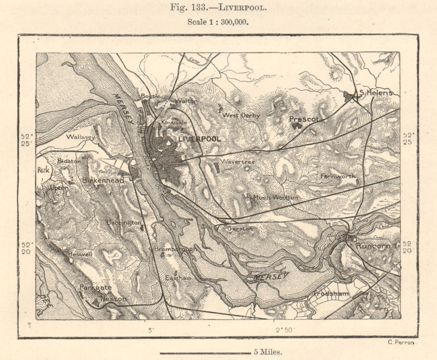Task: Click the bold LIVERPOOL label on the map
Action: click(x=199, y=138)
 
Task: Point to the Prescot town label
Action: click(x=305, y=118)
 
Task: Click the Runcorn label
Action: click(x=372, y=246)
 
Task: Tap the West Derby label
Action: click(x=241, y=115)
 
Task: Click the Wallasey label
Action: click(x=80, y=137)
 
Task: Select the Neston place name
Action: click(x=113, y=299)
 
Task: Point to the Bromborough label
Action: click(x=174, y=249)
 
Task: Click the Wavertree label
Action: click(x=238, y=161)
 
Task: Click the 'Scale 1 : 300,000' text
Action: click(x=218, y=22)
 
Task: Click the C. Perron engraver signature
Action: click(x=401, y=342)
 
